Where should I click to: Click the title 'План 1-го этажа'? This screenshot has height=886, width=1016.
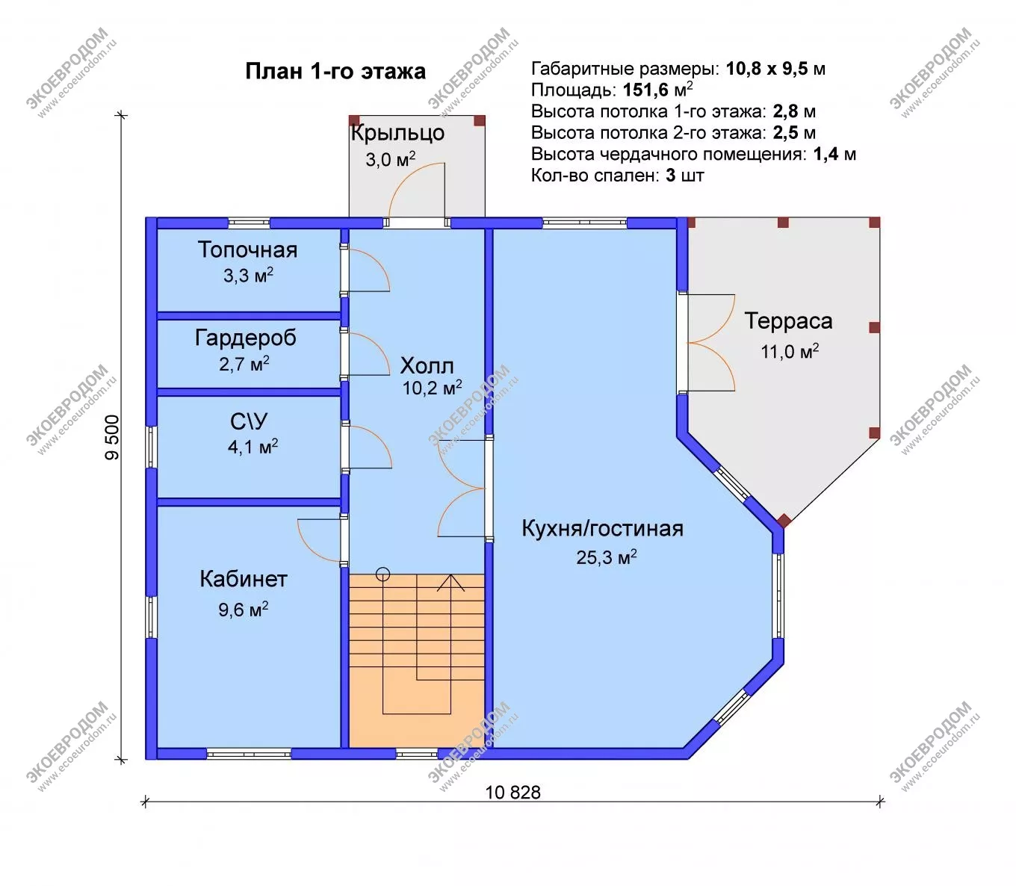click(x=335, y=72)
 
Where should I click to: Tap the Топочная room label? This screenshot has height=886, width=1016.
click(x=248, y=250)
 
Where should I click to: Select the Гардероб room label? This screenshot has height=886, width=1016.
click(x=245, y=338)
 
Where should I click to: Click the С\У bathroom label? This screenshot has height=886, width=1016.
click(x=249, y=421)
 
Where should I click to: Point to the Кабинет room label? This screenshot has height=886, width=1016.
click(x=244, y=579)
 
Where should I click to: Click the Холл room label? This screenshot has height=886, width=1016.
click(x=427, y=366)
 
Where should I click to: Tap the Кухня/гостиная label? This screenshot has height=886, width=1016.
click(x=602, y=528)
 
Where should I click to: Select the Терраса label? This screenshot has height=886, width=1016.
click(x=788, y=320)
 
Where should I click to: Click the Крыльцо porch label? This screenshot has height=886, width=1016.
click(x=397, y=133)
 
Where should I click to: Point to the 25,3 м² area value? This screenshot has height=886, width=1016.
click(x=607, y=557)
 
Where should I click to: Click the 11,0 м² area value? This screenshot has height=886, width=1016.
click(x=790, y=351)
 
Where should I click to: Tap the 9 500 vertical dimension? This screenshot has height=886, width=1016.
click(x=113, y=438)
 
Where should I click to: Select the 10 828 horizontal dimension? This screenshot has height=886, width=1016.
click(x=512, y=793)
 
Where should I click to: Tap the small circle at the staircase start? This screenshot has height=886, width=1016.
click(x=382, y=574)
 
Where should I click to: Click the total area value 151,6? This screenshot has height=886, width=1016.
click(x=645, y=90)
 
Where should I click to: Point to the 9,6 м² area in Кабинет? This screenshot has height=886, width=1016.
click(x=244, y=609)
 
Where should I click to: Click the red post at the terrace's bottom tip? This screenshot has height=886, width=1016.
click(x=784, y=521)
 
